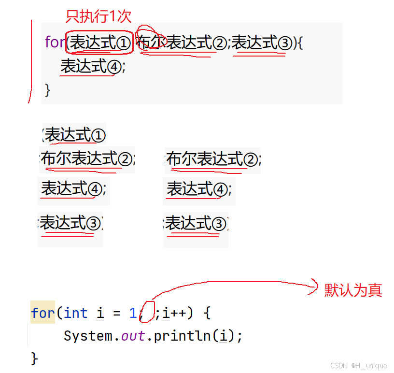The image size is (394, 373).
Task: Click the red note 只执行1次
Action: point(98,16)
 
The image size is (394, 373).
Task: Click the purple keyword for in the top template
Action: point(55,43)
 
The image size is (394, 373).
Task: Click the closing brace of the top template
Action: point(47,89)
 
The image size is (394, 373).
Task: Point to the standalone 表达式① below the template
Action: point(75,135)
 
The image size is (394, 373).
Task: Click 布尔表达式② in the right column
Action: point(212,158)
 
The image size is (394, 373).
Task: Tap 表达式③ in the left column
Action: point(70,223)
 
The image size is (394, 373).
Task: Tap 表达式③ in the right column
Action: point(196,223)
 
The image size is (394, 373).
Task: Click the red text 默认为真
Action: point(353,290)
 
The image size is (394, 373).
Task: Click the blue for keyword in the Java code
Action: point(43,313)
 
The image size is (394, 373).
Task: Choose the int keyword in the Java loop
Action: point(75,313)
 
